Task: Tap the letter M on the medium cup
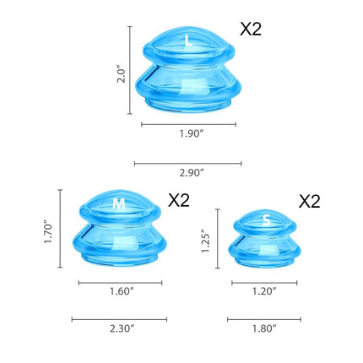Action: click(120, 203)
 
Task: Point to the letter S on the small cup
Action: click(267, 220)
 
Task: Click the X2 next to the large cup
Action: click(251, 29)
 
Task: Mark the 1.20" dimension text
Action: click(263, 292)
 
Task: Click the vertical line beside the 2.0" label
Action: click(130, 69)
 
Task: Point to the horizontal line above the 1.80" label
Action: click(263, 319)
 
